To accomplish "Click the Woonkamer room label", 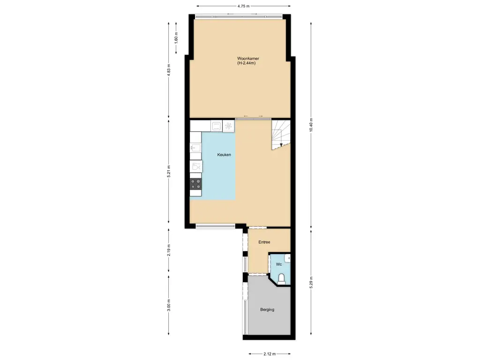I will (x=248, y=59).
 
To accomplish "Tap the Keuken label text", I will (x=224, y=155).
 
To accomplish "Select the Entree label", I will (x=264, y=242).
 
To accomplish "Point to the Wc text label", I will (x=278, y=264).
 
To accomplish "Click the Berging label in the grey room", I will (x=267, y=309).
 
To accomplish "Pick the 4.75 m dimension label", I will (x=243, y=6).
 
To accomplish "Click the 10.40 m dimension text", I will (x=311, y=125).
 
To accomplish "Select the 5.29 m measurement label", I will (x=311, y=283).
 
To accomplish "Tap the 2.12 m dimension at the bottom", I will (x=269, y=354).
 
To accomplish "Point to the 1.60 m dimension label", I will (x=177, y=37).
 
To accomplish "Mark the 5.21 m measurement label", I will (x=169, y=172).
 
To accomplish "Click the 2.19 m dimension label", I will (x=169, y=251).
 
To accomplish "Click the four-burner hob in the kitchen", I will (x=195, y=185).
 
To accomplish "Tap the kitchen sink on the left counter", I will (x=195, y=148).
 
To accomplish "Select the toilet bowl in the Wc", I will (x=282, y=279).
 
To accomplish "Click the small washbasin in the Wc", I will (x=287, y=257).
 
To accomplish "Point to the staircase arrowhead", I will (x=281, y=145).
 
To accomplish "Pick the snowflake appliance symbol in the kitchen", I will (x=228, y=126).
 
